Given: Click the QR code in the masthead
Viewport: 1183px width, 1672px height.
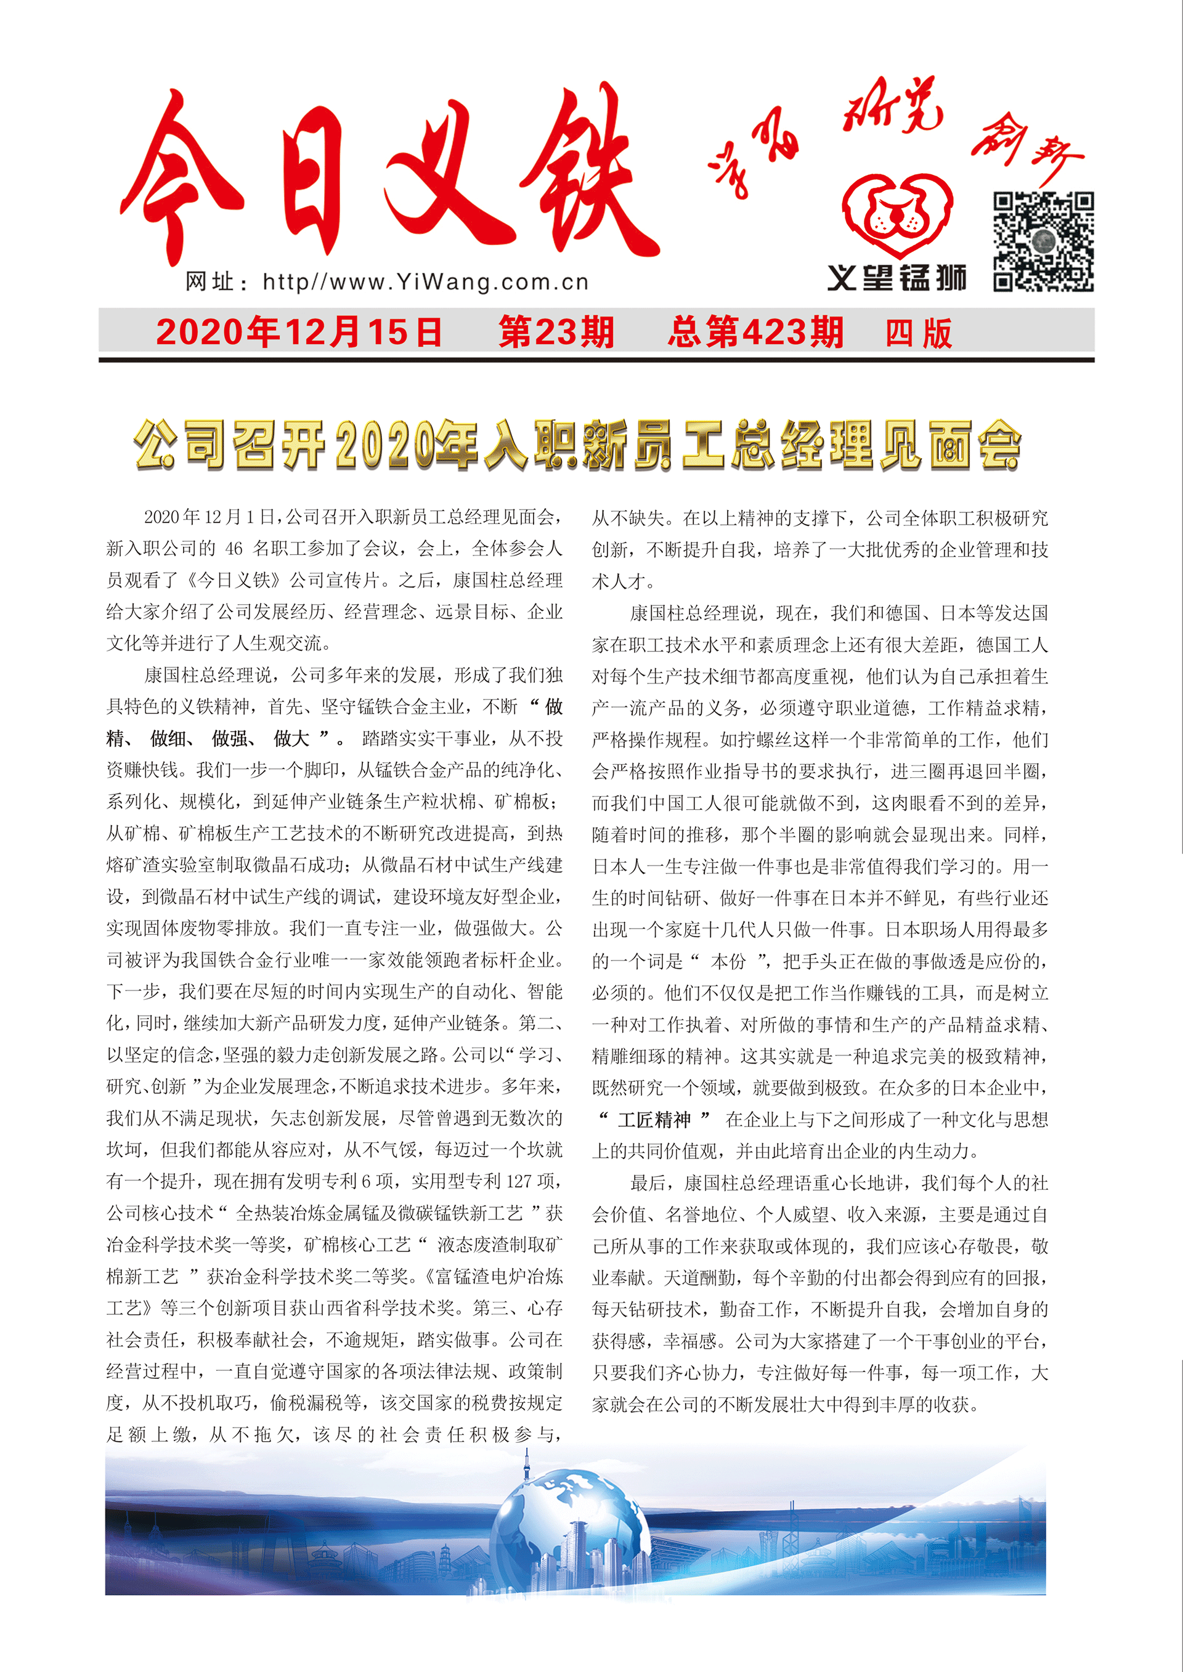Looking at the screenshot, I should point(1043,242).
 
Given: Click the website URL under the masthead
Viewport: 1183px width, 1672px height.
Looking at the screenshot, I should point(387,282).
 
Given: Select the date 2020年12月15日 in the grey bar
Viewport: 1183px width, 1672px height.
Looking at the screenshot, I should point(299,332).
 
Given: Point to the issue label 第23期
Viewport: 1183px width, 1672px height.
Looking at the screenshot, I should point(556,332).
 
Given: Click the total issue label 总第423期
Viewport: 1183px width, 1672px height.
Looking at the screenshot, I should point(755,332).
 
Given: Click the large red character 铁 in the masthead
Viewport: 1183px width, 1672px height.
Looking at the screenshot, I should point(583,175).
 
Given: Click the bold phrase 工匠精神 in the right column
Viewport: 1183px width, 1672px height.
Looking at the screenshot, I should point(654,1118).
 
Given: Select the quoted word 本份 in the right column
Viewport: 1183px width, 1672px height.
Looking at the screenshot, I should point(728,961).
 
